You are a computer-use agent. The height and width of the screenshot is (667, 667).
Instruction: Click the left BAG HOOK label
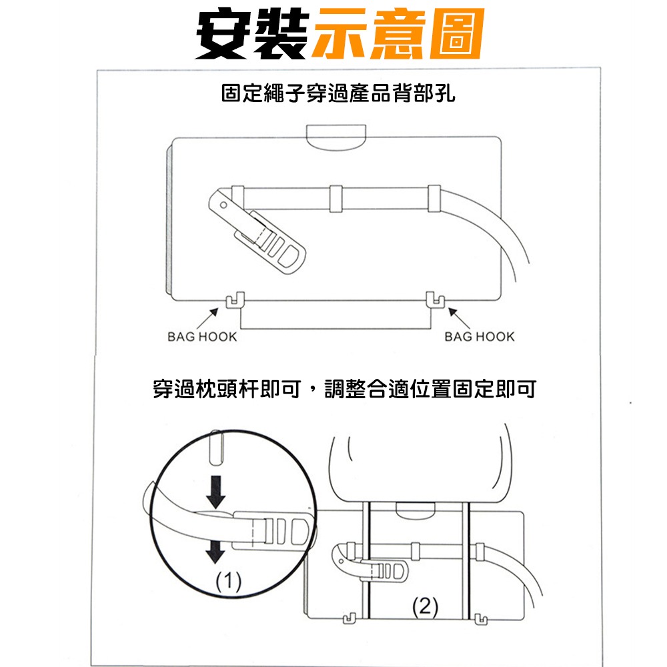[202, 337]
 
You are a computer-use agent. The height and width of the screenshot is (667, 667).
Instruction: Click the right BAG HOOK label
[480, 337]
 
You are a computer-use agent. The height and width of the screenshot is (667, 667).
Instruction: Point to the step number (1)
[229, 583]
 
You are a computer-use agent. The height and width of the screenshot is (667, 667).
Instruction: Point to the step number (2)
[425, 607]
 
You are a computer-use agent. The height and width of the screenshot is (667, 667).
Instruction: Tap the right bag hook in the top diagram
[434, 300]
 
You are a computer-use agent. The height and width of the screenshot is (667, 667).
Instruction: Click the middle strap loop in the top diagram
[336, 198]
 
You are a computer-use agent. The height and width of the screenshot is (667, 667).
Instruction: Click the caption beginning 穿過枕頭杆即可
[344, 389]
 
